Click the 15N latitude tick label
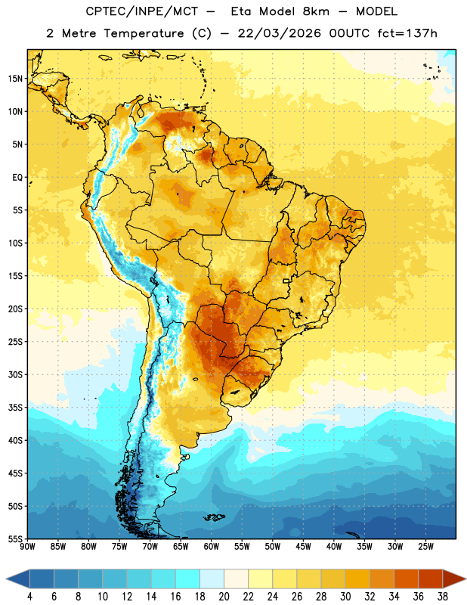tap(15, 79)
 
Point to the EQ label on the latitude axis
tap(17, 178)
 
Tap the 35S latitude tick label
tap(15, 408)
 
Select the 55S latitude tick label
tap(15, 539)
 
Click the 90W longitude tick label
tap(28, 546)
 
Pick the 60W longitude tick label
tap(212, 546)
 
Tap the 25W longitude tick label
tap(425, 546)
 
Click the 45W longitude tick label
tap(303, 546)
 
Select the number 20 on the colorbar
tap(224, 597)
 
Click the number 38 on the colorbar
tap(442, 597)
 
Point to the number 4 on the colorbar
tap(29, 597)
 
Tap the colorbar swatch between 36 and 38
tap(431, 579)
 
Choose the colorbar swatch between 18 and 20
tap(212, 579)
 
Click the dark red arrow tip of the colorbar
tap(454, 579)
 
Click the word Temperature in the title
tap(144, 33)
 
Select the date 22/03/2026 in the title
tap(279, 33)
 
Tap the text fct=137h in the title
tap(407, 33)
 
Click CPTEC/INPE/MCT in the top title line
tap(141, 11)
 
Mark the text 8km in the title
tap(316, 11)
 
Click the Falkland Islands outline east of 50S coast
tap(214, 517)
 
